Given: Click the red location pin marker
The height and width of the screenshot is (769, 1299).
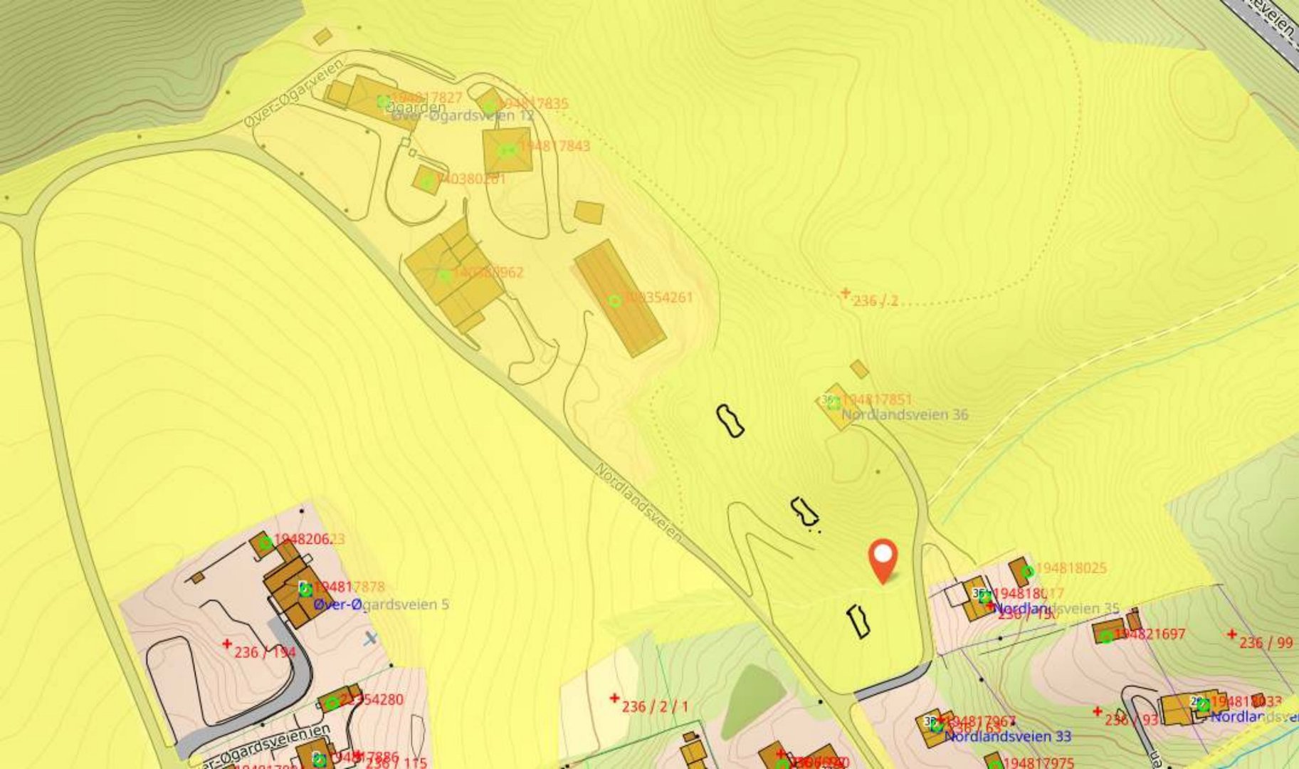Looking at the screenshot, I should [x=883, y=559].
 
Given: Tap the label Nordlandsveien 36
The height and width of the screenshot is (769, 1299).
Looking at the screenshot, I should [x=905, y=414].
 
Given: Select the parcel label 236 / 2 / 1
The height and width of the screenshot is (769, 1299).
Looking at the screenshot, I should [x=655, y=706].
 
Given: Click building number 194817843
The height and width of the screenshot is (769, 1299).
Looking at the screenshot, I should [x=554, y=146].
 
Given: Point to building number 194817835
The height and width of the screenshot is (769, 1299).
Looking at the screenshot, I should [x=533, y=104].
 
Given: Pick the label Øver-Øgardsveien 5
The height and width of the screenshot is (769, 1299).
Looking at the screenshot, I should [x=381, y=605].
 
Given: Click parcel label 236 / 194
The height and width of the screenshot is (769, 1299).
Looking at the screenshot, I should [x=265, y=652].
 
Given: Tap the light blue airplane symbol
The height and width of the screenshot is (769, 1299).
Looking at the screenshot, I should [x=370, y=638].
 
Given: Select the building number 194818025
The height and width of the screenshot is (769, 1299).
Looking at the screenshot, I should [x=1071, y=568].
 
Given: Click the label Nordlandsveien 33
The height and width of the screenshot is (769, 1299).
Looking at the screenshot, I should [x=1007, y=736].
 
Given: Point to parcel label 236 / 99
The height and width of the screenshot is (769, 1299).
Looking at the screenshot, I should [x=1266, y=643].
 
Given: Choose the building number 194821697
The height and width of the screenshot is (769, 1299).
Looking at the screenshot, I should [x=1150, y=634].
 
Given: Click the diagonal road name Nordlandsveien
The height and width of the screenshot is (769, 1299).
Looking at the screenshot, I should [x=638, y=502].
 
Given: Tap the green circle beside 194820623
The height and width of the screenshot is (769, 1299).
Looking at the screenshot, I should [x=265, y=544].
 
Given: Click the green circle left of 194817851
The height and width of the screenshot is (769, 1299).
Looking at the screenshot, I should [x=833, y=403].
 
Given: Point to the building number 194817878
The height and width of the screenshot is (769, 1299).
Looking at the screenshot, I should [x=349, y=587].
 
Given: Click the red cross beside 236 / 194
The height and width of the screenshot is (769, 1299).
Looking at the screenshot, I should [x=227, y=644].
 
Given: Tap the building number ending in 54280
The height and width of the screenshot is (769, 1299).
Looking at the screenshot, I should [x=372, y=699].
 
